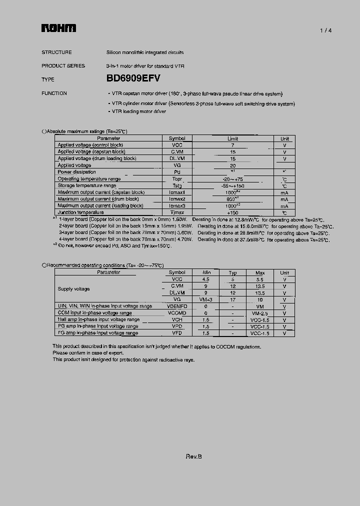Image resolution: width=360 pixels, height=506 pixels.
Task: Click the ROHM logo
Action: point(58,29)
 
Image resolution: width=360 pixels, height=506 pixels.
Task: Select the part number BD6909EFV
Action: point(133,78)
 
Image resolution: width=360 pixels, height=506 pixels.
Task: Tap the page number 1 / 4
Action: point(326,30)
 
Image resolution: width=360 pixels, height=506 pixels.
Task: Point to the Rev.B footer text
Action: point(193,456)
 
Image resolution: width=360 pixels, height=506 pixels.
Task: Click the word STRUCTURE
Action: point(56,52)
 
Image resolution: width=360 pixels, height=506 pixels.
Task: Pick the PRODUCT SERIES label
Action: point(63,65)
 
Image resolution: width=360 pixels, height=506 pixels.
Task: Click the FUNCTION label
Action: point(54,93)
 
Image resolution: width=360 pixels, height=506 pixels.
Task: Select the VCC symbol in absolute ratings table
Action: point(177,145)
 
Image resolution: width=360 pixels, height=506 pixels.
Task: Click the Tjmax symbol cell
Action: point(177,212)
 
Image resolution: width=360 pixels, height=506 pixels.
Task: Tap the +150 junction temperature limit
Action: point(232,212)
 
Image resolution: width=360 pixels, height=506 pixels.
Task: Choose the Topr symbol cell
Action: point(177,179)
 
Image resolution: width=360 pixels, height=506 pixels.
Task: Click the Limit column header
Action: point(232,138)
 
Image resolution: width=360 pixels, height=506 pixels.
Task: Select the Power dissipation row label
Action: point(76,172)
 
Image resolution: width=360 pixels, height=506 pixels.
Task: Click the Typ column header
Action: point(232,272)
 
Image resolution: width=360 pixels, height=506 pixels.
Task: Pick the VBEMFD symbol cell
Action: point(177,306)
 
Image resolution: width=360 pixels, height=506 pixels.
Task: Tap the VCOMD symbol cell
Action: point(177,313)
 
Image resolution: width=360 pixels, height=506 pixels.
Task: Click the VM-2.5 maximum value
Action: point(259,313)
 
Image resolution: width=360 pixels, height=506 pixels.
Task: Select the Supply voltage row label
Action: point(73,289)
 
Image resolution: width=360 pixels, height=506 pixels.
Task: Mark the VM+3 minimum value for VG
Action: point(205,299)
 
